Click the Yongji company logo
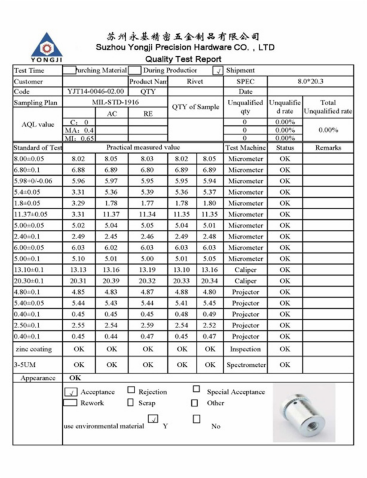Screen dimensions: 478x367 tap(46, 45)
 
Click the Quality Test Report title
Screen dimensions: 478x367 tap(183, 59)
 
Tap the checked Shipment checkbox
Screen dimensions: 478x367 tap(218, 71)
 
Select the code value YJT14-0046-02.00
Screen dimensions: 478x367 tap(96, 92)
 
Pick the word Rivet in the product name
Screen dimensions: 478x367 tap(194, 81)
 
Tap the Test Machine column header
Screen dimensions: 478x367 tap(245, 148)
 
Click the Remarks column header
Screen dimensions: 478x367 tap(328, 148)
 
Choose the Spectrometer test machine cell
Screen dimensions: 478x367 tap(245, 365)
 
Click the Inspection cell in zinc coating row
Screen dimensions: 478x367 tap(245, 349)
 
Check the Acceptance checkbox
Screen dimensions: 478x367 tap(71, 392)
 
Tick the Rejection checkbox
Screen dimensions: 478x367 tap(131, 390)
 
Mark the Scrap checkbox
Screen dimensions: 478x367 tap(131, 403)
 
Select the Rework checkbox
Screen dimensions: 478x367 tap(71, 403)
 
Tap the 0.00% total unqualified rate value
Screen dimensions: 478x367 tap(328, 130)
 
